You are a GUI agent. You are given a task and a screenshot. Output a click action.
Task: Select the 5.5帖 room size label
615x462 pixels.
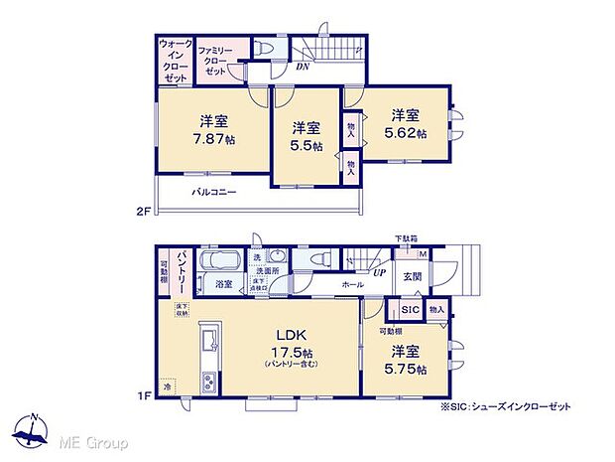(307, 145)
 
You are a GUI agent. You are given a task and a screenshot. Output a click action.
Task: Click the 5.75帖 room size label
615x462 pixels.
(407, 371)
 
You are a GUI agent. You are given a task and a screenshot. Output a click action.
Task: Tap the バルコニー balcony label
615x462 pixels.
(214, 193)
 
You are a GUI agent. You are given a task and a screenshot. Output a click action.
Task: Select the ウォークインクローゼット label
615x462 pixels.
(175, 61)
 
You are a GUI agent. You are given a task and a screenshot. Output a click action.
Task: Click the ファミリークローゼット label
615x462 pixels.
(215, 60)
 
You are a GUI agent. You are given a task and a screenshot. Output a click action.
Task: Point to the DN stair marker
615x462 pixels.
(303, 69)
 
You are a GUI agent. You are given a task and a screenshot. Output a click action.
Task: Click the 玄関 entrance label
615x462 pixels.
(413, 277)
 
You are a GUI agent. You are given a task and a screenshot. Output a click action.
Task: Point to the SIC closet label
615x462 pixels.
(412, 310)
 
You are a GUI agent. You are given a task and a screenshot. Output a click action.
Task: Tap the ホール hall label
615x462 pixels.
(352, 283)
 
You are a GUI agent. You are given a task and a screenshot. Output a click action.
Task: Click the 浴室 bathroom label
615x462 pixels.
(225, 284)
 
